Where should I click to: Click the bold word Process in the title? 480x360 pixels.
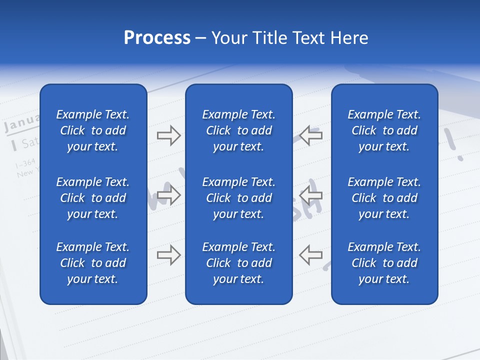click(x=157, y=38)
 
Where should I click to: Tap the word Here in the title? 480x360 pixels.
click(x=349, y=38)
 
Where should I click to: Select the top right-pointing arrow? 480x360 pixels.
click(x=168, y=135)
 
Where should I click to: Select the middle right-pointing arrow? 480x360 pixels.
click(x=168, y=195)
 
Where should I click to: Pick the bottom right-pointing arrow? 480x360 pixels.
click(x=168, y=255)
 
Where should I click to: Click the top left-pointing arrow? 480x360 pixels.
click(x=311, y=135)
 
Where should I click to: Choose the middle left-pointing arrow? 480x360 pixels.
click(x=311, y=195)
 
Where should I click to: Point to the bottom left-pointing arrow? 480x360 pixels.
click(x=311, y=255)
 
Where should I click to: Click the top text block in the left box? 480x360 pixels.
click(x=93, y=130)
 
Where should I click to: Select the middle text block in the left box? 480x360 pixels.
click(x=93, y=198)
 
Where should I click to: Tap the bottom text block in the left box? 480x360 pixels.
click(x=93, y=263)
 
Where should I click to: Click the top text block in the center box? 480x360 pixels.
click(x=238, y=130)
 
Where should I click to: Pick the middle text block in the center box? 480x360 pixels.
click(x=238, y=198)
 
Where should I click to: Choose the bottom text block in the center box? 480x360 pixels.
click(x=238, y=263)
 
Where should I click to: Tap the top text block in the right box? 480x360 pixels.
click(x=384, y=130)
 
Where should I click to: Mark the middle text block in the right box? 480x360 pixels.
click(x=384, y=198)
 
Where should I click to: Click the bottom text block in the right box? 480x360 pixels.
click(x=384, y=263)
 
